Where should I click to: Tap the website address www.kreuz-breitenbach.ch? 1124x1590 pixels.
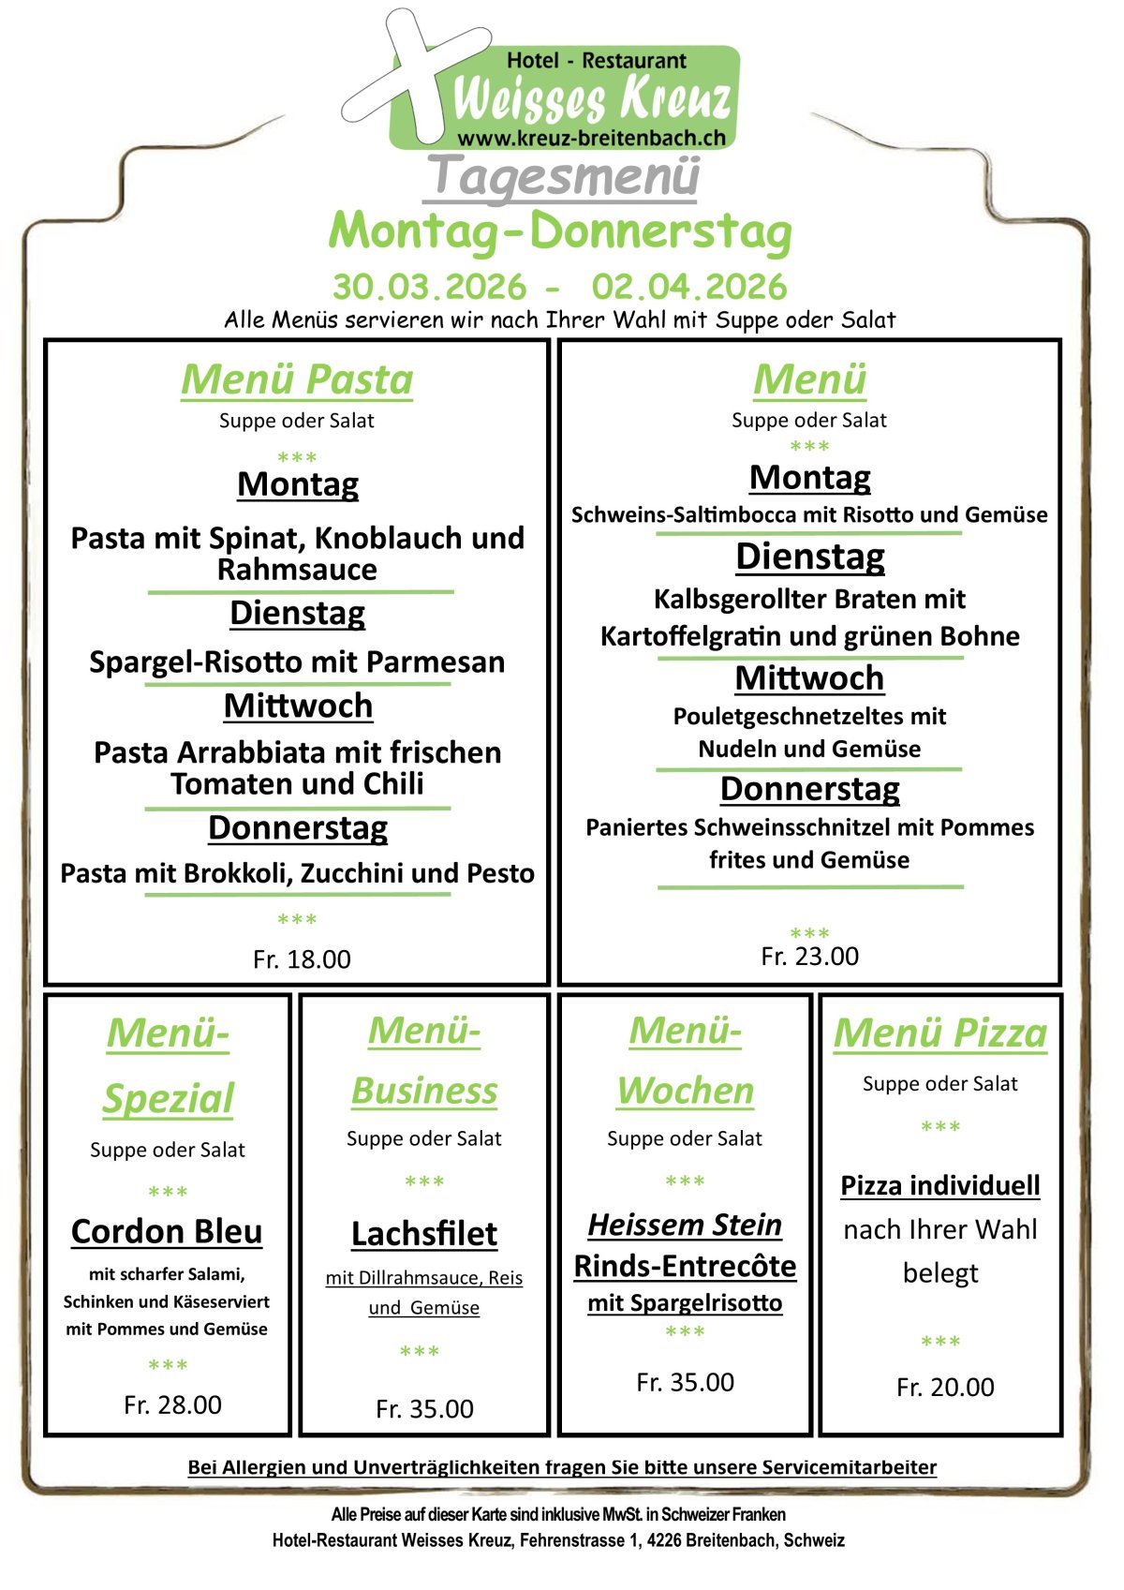point(591,138)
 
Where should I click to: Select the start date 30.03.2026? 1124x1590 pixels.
point(429,287)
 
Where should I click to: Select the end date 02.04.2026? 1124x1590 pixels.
point(688,287)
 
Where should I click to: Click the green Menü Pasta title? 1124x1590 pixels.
point(297,379)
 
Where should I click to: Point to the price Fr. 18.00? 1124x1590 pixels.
point(302,959)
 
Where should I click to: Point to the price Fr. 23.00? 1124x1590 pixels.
point(809,957)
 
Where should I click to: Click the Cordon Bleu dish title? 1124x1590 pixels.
point(167,1231)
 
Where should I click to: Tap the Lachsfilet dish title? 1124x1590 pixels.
point(424,1234)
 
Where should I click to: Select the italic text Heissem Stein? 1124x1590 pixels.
point(685,1225)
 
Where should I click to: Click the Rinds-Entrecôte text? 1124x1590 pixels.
point(685,1266)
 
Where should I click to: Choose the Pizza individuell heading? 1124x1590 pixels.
point(939,1185)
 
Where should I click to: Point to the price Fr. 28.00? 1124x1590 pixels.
point(172,1404)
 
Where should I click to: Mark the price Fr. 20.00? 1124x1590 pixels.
point(945,1387)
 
